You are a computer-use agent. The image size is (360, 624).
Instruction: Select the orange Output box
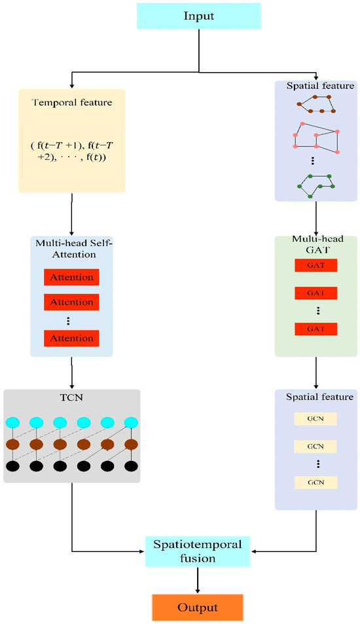pos(198,607)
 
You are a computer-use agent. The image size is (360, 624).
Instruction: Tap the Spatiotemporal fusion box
pos(198,551)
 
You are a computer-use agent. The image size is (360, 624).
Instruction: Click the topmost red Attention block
pos(71,277)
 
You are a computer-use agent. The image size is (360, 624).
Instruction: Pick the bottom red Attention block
pos(71,338)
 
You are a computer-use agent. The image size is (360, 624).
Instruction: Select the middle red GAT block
pos(315,293)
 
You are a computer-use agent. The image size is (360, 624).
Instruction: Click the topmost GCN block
pos(315,417)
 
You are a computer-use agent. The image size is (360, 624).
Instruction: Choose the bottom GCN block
pos(315,482)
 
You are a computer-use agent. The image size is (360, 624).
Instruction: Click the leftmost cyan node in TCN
pos(14,422)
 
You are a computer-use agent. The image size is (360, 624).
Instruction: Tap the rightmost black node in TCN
pos(131,466)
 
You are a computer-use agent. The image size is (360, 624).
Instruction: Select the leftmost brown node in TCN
pos(14,444)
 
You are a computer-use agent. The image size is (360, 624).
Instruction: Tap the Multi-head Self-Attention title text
pos(71,248)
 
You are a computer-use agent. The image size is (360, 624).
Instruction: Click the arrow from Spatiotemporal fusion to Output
pos(198,580)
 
